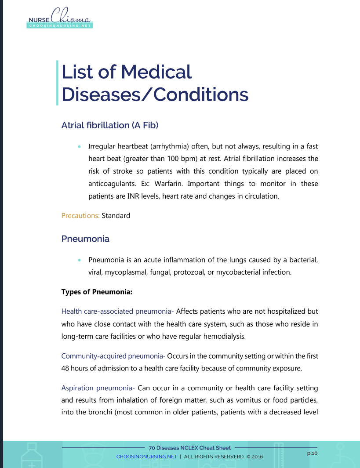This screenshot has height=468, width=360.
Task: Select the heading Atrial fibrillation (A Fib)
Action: pyautogui.click(x=110, y=125)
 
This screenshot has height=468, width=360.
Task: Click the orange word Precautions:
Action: pyautogui.click(x=80, y=216)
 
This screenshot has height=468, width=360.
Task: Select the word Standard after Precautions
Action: pyautogui.click(x=116, y=216)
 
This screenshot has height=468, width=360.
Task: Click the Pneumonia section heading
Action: pyautogui.click(x=85, y=239)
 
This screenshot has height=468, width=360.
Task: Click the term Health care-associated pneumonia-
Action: pyautogui.click(x=118, y=312)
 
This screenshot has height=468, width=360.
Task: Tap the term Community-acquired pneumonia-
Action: pyautogui.click(x=113, y=356)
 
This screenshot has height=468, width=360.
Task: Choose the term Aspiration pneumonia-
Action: pyautogui.click(x=98, y=388)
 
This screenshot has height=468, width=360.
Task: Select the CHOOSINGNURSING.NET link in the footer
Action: pyautogui.click(x=146, y=457)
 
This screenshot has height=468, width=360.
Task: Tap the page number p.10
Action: pyautogui.click(x=312, y=453)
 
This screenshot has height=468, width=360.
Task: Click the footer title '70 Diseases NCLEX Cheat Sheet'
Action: pyautogui.click(x=190, y=448)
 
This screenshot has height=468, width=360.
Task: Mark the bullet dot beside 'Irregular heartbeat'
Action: pyautogui.click(x=79, y=146)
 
